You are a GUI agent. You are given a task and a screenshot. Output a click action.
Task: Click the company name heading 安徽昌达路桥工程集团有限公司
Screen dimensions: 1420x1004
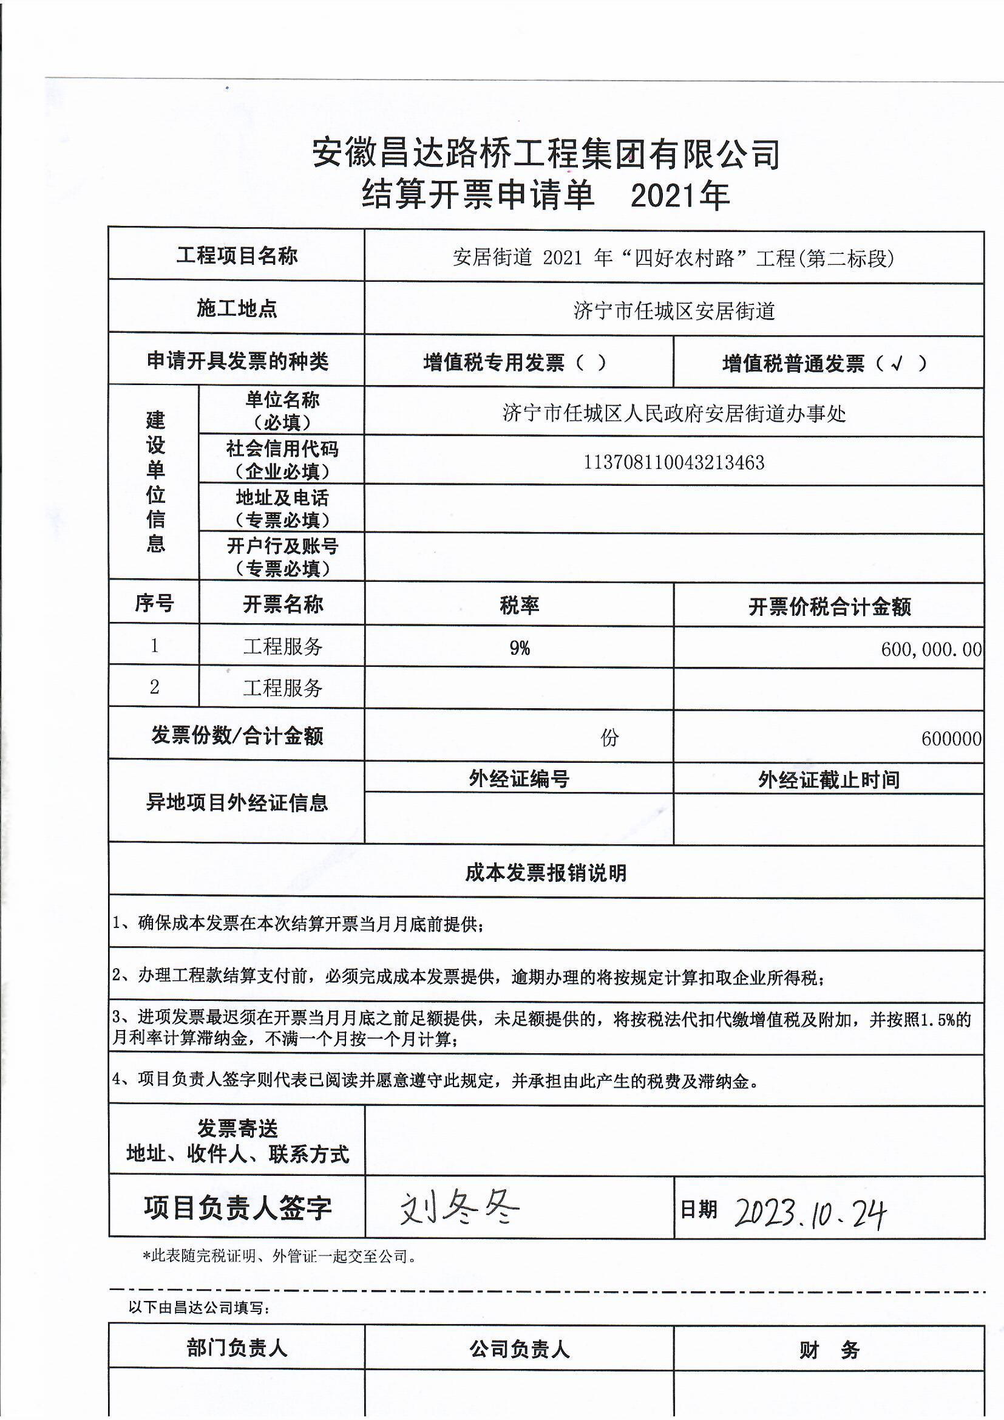click(545, 154)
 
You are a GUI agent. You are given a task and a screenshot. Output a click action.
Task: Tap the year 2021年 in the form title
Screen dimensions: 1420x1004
click(680, 196)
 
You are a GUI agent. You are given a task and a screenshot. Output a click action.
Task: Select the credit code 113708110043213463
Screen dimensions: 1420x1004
click(674, 463)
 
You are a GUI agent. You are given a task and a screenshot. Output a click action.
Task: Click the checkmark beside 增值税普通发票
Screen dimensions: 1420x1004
click(897, 364)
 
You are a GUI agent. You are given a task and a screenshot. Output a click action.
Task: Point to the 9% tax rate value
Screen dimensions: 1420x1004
click(520, 647)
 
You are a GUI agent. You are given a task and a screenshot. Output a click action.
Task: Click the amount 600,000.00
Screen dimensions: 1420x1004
click(931, 649)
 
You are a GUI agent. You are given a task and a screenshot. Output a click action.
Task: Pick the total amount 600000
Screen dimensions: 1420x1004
click(951, 739)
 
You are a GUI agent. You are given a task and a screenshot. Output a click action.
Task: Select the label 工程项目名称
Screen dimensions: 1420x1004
click(237, 256)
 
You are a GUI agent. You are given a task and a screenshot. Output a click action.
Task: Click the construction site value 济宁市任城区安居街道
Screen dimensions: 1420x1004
click(674, 310)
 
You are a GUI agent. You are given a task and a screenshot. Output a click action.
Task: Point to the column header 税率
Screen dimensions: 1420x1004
click(520, 605)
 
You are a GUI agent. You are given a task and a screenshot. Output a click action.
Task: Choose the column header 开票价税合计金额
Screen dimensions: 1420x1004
click(829, 607)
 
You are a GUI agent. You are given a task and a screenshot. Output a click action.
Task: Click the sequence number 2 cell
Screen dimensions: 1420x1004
click(154, 686)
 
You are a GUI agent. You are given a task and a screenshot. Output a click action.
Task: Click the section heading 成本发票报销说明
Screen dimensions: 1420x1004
click(546, 873)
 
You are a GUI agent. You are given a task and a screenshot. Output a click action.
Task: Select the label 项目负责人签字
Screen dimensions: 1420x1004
click(237, 1208)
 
